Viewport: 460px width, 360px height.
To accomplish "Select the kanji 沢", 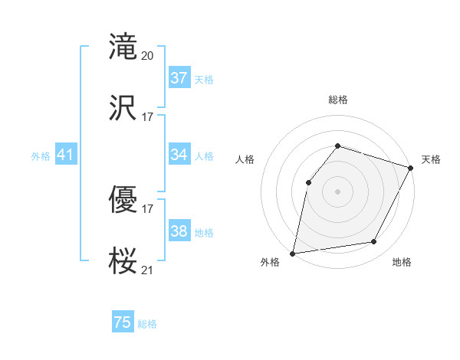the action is tap(123, 107).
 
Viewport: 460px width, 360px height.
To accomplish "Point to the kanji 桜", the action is tap(123, 260).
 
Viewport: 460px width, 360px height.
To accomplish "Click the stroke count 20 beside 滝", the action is tap(148, 55).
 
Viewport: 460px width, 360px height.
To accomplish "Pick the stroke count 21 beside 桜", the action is tap(148, 269).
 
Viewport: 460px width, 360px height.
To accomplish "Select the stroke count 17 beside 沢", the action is tap(148, 116).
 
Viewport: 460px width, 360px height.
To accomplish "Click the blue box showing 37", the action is tap(179, 78).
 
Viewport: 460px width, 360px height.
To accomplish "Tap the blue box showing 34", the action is tap(179, 155).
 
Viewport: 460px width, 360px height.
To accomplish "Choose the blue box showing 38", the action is tap(179, 231).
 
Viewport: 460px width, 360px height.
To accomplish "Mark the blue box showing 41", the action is tap(65, 155).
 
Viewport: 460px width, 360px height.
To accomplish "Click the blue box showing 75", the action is tap(122, 322).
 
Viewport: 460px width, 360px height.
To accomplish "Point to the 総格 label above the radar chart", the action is tap(337, 100).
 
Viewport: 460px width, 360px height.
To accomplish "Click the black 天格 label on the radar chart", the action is tap(431, 159).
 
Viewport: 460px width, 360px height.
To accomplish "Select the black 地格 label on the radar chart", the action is tap(402, 262).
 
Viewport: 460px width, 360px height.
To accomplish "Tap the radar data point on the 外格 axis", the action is tap(293, 253).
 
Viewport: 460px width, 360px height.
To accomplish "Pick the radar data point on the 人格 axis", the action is tap(308, 182).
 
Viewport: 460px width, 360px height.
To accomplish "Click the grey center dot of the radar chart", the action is tap(337, 191).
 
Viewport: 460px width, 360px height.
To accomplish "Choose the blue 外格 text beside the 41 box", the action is tap(41, 155).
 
